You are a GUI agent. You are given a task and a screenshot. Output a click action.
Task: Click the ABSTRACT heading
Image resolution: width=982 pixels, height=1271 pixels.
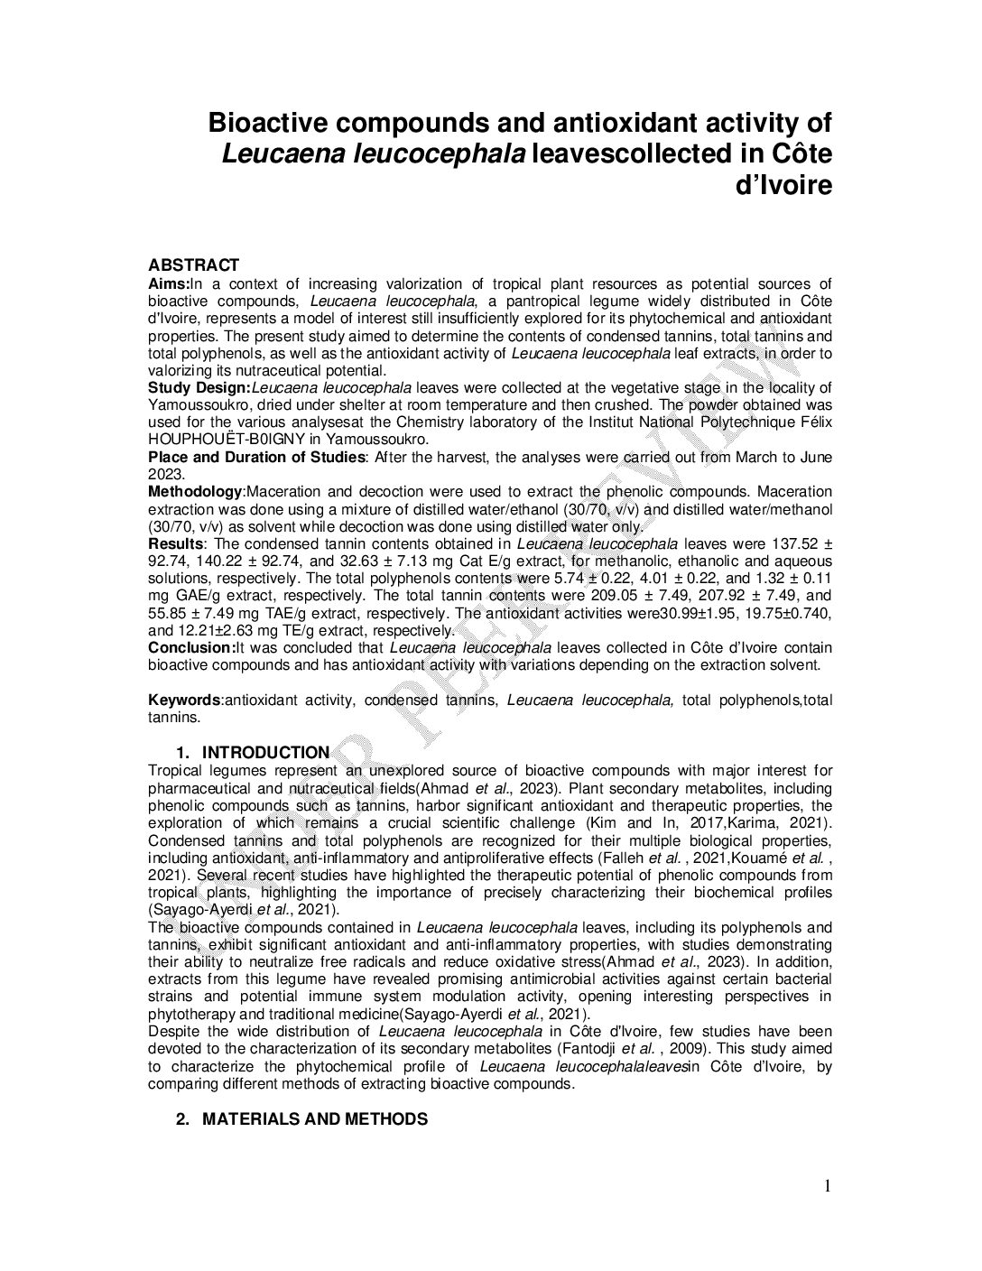point(193,265)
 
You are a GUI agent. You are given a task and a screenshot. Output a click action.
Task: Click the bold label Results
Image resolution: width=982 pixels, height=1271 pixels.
point(175,544)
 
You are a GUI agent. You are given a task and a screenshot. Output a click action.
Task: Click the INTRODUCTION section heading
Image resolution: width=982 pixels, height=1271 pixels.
point(265,753)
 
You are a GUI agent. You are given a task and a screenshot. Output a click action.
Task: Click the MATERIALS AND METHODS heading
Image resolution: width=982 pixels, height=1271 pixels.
point(314,1119)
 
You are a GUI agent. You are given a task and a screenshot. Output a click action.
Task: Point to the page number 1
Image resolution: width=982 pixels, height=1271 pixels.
point(825,1186)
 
